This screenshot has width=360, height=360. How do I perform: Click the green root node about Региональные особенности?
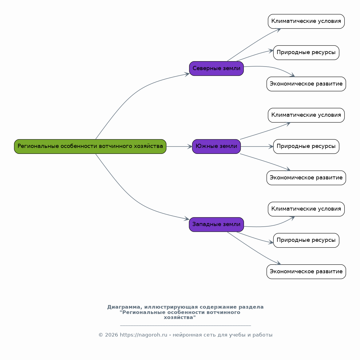point(90,146)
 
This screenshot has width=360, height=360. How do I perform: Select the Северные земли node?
point(216,68)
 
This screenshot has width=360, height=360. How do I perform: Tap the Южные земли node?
point(216,146)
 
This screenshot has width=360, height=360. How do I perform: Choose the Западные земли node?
point(216,225)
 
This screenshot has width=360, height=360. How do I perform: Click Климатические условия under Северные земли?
point(306,21)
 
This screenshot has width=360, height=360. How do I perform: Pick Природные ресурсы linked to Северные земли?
point(306,53)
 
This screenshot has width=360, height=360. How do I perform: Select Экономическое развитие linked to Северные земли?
point(306,84)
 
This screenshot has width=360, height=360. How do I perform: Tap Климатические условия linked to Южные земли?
point(306,115)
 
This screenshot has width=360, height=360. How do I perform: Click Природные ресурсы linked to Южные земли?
point(306,146)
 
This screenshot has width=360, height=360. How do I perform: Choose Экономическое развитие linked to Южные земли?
point(306,178)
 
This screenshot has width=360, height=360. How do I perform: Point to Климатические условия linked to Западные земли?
point(306,209)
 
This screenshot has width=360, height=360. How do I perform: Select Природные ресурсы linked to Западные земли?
point(306,240)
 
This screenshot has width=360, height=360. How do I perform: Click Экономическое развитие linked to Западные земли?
point(306,272)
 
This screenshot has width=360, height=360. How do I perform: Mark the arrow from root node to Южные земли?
point(179,146)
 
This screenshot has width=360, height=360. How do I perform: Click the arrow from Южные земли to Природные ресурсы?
point(257,146)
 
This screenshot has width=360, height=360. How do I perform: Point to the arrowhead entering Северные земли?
point(187,74)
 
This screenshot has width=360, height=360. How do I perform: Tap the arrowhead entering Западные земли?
point(187,219)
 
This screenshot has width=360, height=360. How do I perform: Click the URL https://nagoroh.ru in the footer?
point(143,335)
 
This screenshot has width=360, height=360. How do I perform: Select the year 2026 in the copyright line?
point(111,335)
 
